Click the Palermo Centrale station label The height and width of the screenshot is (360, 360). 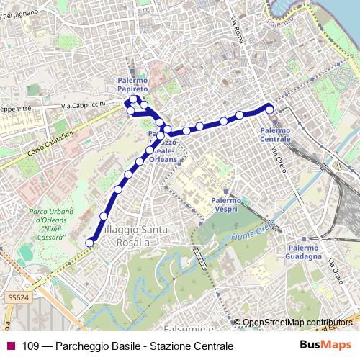click(x=275, y=134)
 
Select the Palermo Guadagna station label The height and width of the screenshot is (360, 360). click(x=302, y=251)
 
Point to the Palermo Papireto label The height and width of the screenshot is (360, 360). click(x=132, y=85)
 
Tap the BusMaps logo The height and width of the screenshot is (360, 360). click(x=325, y=346)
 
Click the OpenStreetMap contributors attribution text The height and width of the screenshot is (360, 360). click(x=299, y=322)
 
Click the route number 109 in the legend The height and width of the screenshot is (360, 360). click(x=30, y=346)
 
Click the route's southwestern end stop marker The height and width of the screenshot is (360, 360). click(x=90, y=243)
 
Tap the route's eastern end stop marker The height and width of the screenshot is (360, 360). click(x=270, y=109)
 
